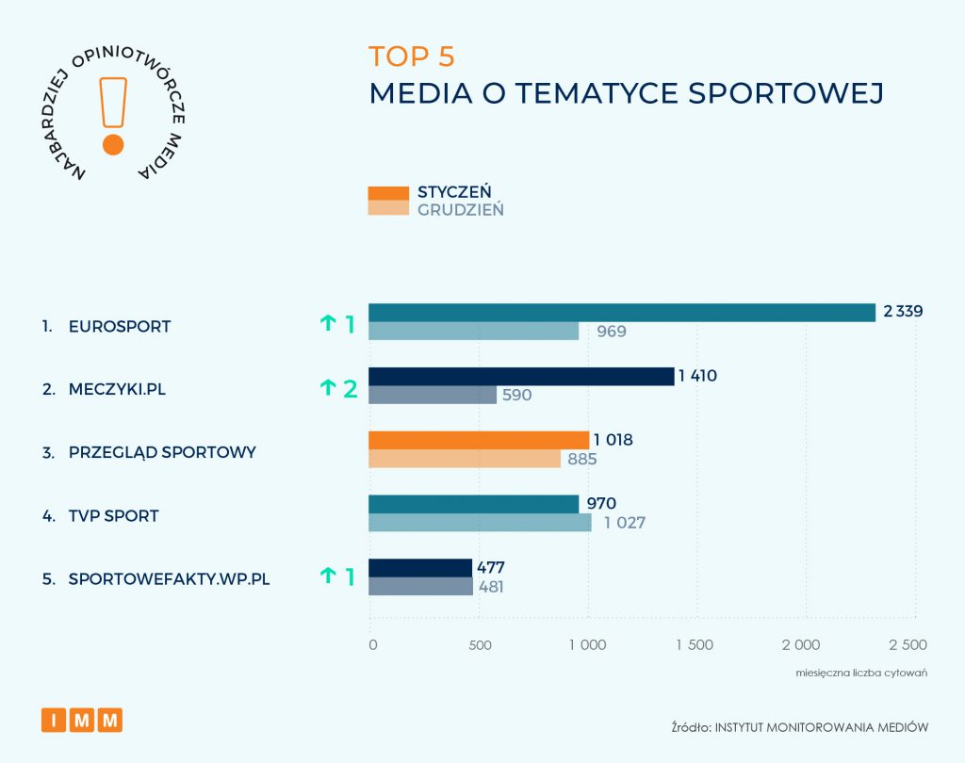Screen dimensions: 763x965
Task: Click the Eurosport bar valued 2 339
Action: tap(622, 313)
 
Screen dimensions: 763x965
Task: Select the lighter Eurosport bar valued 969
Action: tap(474, 331)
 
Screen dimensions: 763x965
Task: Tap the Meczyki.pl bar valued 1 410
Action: tap(521, 377)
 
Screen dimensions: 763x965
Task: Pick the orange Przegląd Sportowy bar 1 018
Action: tap(479, 440)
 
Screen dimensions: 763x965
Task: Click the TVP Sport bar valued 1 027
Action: tap(480, 523)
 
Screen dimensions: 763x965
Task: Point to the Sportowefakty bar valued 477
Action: tap(420, 568)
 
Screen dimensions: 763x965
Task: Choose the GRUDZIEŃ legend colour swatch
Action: tap(388, 208)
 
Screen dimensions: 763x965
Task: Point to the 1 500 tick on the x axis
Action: tap(695, 645)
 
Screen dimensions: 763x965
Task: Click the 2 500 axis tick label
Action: tap(908, 645)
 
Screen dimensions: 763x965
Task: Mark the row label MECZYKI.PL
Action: tap(117, 388)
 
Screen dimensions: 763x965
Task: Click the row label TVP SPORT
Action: tap(113, 516)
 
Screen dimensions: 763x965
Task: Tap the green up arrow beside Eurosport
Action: tap(328, 323)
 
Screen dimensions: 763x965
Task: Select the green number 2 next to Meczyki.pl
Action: tap(350, 387)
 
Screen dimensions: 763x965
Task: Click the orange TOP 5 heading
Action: tap(412, 56)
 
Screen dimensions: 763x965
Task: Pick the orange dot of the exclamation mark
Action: tap(113, 144)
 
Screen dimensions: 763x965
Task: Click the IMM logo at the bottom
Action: tap(82, 720)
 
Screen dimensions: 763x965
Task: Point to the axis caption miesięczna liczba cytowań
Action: tap(862, 673)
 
